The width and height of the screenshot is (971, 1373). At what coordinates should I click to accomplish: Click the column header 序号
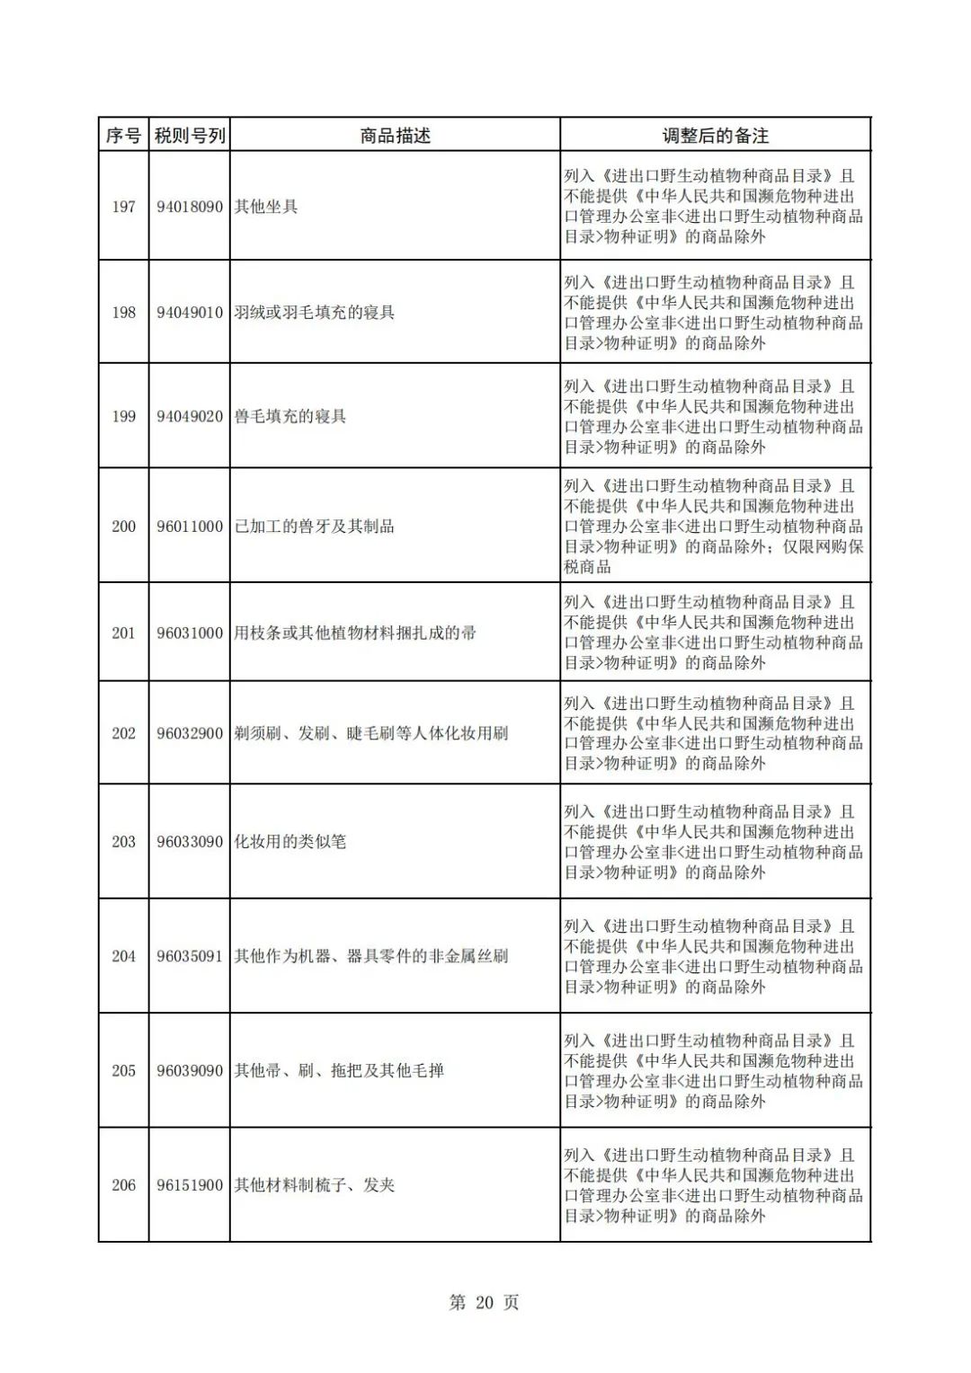tap(123, 136)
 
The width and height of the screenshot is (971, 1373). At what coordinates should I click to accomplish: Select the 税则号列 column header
tap(190, 136)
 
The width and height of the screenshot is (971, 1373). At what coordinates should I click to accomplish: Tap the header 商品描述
tap(395, 136)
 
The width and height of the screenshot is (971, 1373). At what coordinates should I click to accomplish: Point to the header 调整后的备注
tap(715, 136)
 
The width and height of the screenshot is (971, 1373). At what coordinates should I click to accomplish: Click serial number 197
tap(123, 207)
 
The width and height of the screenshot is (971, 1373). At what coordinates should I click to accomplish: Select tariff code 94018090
tap(190, 207)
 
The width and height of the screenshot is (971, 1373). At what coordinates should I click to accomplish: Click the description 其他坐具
tap(266, 207)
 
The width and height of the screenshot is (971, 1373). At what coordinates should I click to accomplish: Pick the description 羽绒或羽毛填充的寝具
tap(315, 313)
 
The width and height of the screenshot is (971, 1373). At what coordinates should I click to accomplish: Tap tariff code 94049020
tap(190, 417)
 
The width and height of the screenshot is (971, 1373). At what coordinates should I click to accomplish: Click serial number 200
tap(123, 527)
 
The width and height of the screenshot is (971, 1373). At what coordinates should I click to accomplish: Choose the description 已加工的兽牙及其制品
tap(315, 527)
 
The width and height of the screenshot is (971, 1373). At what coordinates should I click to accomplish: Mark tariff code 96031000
tap(190, 633)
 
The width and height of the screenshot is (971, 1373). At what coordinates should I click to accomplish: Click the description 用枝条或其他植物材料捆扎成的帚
tap(355, 633)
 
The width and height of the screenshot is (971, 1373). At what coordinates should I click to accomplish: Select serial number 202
tap(123, 734)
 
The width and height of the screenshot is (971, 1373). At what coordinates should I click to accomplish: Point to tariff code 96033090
tap(190, 842)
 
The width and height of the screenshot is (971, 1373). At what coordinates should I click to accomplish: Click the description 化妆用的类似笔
tap(290, 842)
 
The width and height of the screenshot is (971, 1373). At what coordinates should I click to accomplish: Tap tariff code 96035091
tap(190, 957)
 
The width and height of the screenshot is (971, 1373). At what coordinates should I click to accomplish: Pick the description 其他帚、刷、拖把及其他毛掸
tap(339, 1071)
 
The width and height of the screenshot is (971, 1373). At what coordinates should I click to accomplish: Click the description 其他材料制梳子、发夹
tap(315, 1186)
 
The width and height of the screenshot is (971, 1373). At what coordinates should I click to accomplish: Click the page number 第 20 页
tap(484, 1303)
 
